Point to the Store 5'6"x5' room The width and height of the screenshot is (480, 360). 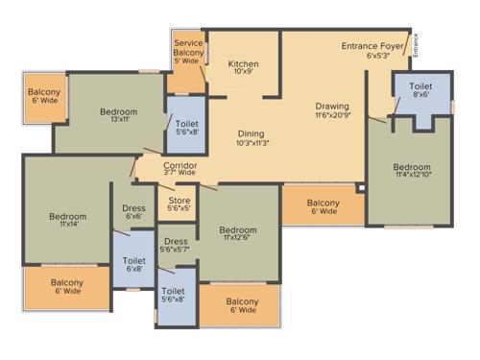[179, 204]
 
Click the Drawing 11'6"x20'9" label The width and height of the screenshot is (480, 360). [331, 110]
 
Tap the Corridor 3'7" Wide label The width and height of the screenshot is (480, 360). [180, 169]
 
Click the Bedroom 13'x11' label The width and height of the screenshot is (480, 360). [118, 116]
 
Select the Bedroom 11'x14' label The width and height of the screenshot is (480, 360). [67, 222]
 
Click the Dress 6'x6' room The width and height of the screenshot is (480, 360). [133, 213]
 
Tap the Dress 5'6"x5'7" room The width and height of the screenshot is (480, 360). [175, 245]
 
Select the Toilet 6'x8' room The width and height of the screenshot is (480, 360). [133, 265]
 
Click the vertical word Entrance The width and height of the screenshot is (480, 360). [416, 46]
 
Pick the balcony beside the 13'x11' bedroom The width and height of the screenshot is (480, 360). [42, 103]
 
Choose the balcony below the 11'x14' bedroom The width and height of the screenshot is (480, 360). [66, 288]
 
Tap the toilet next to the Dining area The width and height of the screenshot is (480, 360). [184, 127]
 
